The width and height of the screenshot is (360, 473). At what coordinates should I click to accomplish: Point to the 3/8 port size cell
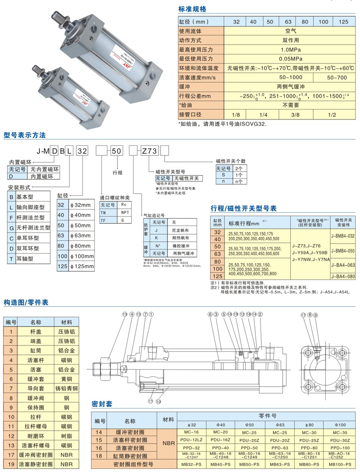pos(295,114)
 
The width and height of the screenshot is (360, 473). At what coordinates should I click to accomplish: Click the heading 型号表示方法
pos(25,135)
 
